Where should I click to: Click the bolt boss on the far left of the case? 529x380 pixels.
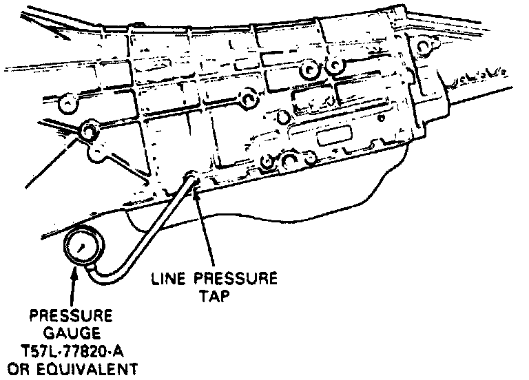point(87,130)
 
